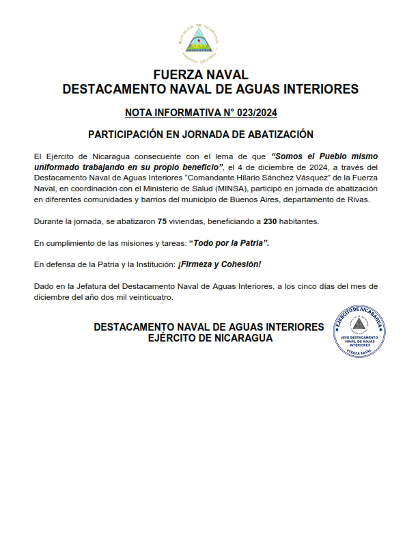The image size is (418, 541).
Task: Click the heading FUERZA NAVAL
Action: [x=200, y=74]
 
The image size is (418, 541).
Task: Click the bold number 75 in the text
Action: [x=162, y=222]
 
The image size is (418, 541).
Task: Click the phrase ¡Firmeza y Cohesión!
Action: [x=219, y=264]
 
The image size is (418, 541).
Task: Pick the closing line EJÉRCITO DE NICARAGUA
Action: [x=210, y=338]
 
